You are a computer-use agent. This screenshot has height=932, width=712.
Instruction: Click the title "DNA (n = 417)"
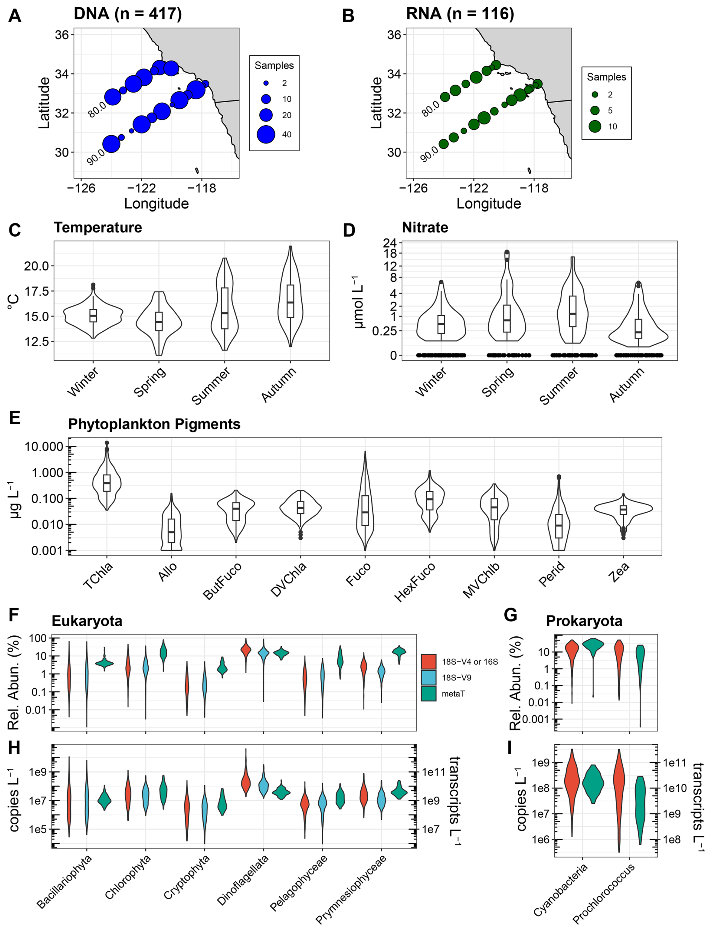tap(128, 14)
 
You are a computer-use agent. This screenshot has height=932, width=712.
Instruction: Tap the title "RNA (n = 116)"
tap(460, 14)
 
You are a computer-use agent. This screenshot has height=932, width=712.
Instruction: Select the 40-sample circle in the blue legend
tap(266, 134)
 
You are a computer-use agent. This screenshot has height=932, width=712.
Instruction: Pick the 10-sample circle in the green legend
tap(595, 126)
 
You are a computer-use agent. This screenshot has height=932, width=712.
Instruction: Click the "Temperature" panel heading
tap(98, 228)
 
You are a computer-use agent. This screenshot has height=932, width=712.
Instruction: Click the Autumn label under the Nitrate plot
tap(627, 384)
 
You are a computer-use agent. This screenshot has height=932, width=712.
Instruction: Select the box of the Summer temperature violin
tap(225, 308)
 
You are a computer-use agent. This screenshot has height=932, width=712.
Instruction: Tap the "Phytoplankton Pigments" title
tap(154, 424)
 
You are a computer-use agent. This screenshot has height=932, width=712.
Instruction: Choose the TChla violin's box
tap(107, 483)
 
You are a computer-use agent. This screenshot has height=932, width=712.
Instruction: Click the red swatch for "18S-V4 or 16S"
tap(429, 662)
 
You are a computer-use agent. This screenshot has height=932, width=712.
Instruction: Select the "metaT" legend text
tap(453, 694)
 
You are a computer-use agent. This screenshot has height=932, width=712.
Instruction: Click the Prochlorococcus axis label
tap(604, 893)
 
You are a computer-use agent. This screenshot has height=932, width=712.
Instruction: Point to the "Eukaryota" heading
tap(87, 621)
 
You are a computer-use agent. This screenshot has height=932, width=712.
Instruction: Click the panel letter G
tap(511, 615)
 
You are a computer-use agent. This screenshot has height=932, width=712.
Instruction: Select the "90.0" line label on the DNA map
tap(96, 157)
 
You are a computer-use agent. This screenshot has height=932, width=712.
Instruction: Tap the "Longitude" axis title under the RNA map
tap(488, 203)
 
